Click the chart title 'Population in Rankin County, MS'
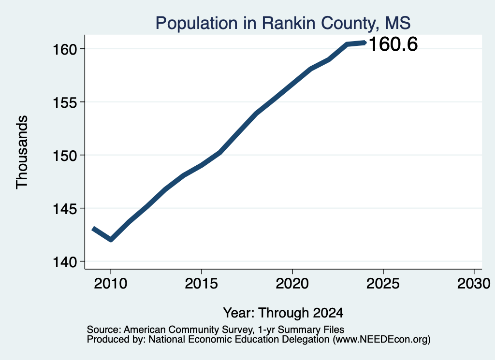coord(283,23)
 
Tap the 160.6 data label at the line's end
coord(393,44)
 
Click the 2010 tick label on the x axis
coord(111,284)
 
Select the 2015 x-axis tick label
coord(202,284)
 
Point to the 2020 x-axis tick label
coord(292,284)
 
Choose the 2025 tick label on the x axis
coord(383,284)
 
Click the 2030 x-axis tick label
coord(474,284)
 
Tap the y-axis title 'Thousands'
coord(22,152)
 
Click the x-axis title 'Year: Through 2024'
coord(283,313)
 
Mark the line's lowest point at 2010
coord(111,240)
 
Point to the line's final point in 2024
coord(365,43)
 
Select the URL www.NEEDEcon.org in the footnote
coord(382,340)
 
